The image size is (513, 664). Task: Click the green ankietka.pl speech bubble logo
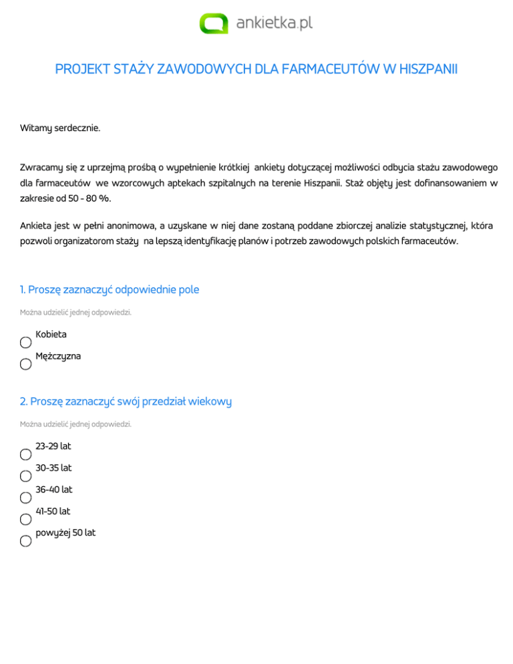click(214, 23)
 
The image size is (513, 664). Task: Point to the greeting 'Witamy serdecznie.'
click(60, 127)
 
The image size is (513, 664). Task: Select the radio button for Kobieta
click(25, 343)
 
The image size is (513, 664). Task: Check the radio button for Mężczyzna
click(25, 365)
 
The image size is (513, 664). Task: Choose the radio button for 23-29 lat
click(25, 454)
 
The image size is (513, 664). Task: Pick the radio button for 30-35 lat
click(25, 476)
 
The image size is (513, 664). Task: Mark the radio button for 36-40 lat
click(25, 498)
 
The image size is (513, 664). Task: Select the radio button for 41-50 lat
click(25, 520)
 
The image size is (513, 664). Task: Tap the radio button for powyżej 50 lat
click(25, 541)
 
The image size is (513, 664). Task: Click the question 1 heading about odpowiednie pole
click(110, 290)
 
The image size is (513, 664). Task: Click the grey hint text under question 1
click(71, 312)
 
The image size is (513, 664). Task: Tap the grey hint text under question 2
click(71, 424)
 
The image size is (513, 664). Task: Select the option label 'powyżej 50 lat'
click(65, 533)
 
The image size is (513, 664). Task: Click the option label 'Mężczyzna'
click(58, 356)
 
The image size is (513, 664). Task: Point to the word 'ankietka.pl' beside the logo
click(275, 23)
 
